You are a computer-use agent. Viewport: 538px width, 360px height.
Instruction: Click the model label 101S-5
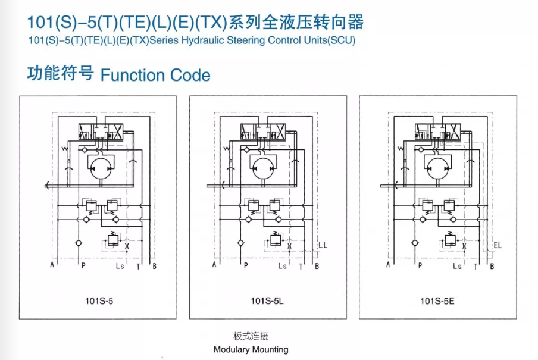point(99,301)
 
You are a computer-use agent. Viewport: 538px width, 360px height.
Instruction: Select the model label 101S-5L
point(267,301)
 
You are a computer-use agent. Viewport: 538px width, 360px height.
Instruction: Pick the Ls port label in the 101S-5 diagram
point(120,266)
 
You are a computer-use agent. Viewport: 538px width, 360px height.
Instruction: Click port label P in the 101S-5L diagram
point(246,266)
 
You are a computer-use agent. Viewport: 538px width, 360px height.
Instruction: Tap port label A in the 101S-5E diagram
point(389,265)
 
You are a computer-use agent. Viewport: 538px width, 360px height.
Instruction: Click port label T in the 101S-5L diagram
point(301,266)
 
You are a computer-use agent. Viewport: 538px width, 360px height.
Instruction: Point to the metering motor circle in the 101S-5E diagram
point(436,167)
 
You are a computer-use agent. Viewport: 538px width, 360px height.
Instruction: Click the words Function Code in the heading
point(155,76)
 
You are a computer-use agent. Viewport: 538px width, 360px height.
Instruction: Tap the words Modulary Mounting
point(251,349)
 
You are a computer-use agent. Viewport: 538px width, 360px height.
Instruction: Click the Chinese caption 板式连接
point(251,336)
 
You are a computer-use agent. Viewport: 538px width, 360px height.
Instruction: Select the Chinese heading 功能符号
point(61,74)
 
